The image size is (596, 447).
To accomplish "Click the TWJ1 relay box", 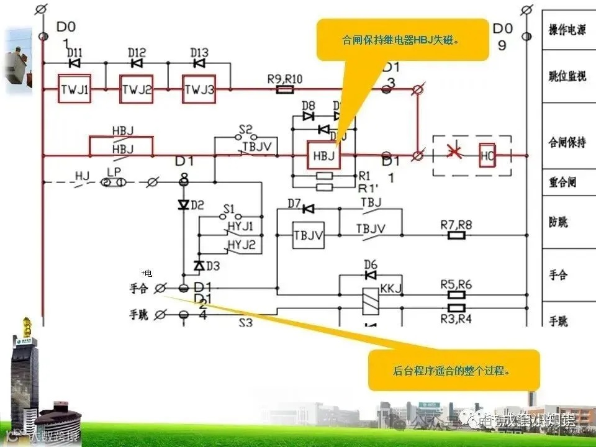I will (x=74, y=90).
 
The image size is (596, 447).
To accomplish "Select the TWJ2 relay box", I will (x=136, y=90).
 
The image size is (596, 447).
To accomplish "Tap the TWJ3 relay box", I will (x=198, y=90).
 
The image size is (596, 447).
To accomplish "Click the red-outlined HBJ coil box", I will (x=323, y=155).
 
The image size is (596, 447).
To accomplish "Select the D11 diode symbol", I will (x=74, y=63).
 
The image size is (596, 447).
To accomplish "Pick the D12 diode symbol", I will (x=137, y=63).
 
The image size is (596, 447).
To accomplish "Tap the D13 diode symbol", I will (x=199, y=63).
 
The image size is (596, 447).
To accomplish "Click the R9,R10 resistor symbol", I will (x=284, y=90).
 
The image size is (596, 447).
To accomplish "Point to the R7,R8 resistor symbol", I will (x=456, y=236).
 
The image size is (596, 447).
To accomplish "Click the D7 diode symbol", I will (x=308, y=209).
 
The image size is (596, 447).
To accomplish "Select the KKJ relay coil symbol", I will (x=371, y=298).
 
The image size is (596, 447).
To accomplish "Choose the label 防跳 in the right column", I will (x=558, y=222).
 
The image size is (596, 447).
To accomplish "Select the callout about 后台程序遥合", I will (x=453, y=371).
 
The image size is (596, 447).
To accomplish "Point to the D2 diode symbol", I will (x=183, y=205).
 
